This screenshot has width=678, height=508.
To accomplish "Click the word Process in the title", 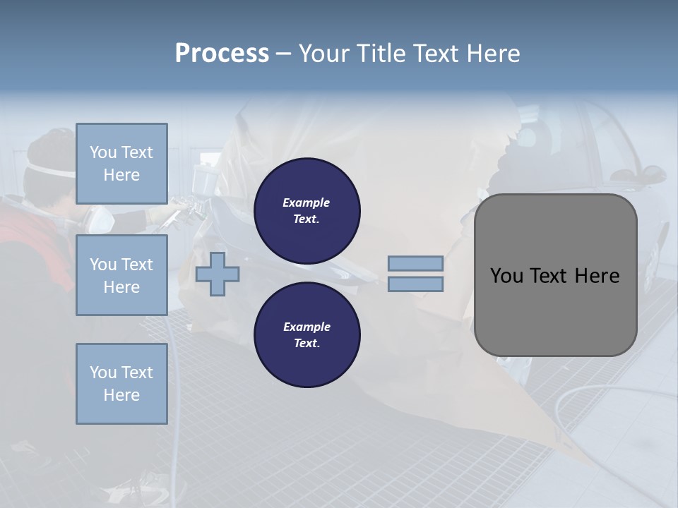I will tap(222, 54).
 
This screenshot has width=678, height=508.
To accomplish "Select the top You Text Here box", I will tap(121, 164).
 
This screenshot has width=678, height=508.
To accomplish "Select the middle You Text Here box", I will tap(121, 275).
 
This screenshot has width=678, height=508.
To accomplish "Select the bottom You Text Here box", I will tap(121, 383).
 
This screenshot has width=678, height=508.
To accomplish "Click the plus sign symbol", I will tap(218, 274).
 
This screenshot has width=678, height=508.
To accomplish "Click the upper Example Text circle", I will tap(307, 210).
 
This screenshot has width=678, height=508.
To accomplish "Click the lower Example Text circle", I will tap(307, 334).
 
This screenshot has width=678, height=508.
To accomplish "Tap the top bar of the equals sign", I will tap(415, 263).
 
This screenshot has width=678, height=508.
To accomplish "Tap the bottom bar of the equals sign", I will tap(415, 284).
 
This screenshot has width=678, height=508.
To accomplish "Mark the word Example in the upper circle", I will tap(306, 202).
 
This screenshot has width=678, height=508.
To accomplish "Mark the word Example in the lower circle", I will tap(307, 327).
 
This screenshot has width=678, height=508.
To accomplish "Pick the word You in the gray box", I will tap(506, 276).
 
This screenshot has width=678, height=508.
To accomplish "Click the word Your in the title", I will tap(324, 54).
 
